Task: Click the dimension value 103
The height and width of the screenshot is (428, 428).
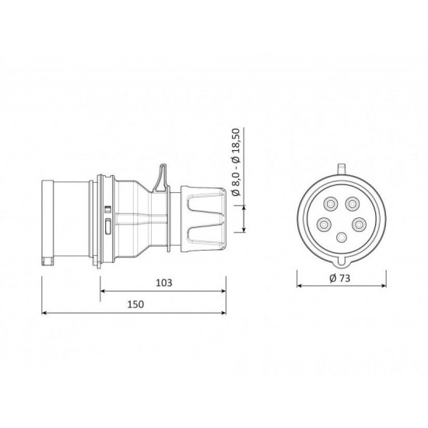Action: [x=163, y=282]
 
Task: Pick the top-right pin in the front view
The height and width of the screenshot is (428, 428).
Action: [x=353, y=205]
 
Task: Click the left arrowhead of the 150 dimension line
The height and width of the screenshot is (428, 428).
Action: [x=44, y=314]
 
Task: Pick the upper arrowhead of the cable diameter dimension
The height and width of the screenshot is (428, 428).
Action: [x=246, y=205]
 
